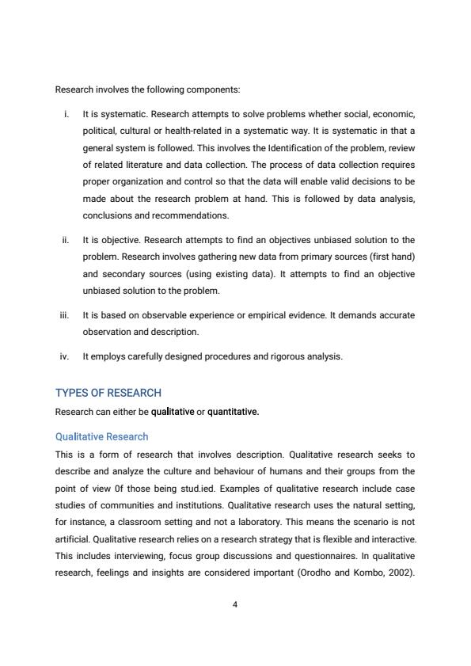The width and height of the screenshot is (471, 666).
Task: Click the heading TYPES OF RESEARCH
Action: tap(108, 393)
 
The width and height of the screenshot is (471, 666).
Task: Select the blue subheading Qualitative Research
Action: tap(101, 436)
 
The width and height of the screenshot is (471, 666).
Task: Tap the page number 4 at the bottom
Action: tap(235, 604)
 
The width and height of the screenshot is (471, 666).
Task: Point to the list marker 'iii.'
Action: tap(64, 315)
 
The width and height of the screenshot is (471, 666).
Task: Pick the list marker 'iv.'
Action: tap(65, 356)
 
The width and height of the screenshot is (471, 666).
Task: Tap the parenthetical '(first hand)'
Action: tap(389, 257)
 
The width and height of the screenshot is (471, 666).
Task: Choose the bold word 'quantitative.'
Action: tap(233, 412)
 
